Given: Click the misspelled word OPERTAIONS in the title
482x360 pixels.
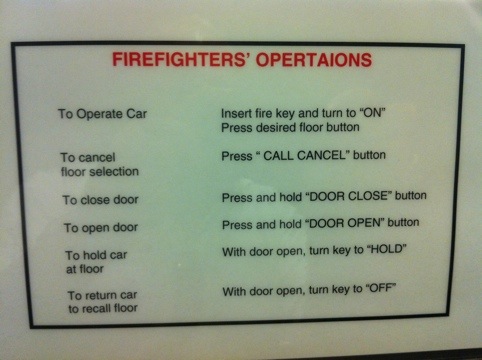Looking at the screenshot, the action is pyautogui.click(x=314, y=60).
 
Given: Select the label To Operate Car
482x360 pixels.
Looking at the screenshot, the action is pyautogui.click(x=102, y=114).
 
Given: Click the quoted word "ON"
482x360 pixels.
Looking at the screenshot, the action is pyautogui.click(x=372, y=113).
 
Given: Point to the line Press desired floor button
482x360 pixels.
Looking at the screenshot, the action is pyautogui.click(x=290, y=127).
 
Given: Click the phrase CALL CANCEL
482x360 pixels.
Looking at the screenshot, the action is pyautogui.click(x=305, y=155).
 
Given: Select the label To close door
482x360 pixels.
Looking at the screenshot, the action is pyautogui.click(x=100, y=200).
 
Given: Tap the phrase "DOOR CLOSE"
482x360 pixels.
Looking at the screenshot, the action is pyautogui.click(x=348, y=196).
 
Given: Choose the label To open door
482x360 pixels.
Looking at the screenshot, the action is pyautogui.click(x=101, y=228).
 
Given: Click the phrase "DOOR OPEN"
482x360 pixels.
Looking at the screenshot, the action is pyautogui.click(x=345, y=224).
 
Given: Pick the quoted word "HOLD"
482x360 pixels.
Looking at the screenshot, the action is pyautogui.click(x=387, y=249).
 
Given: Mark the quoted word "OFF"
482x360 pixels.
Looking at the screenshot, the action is pyautogui.click(x=381, y=288).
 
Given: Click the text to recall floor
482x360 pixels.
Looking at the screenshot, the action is pyautogui.click(x=103, y=308).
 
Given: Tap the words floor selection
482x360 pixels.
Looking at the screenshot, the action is pyautogui.click(x=100, y=172).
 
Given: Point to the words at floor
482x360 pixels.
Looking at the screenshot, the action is pyautogui.click(x=85, y=269).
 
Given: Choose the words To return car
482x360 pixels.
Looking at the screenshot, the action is pyautogui.click(x=102, y=295).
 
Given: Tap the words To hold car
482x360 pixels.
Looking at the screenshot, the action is pyautogui.click(x=96, y=255).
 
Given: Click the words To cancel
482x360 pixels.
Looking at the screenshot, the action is pyautogui.click(x=88, y=157).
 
